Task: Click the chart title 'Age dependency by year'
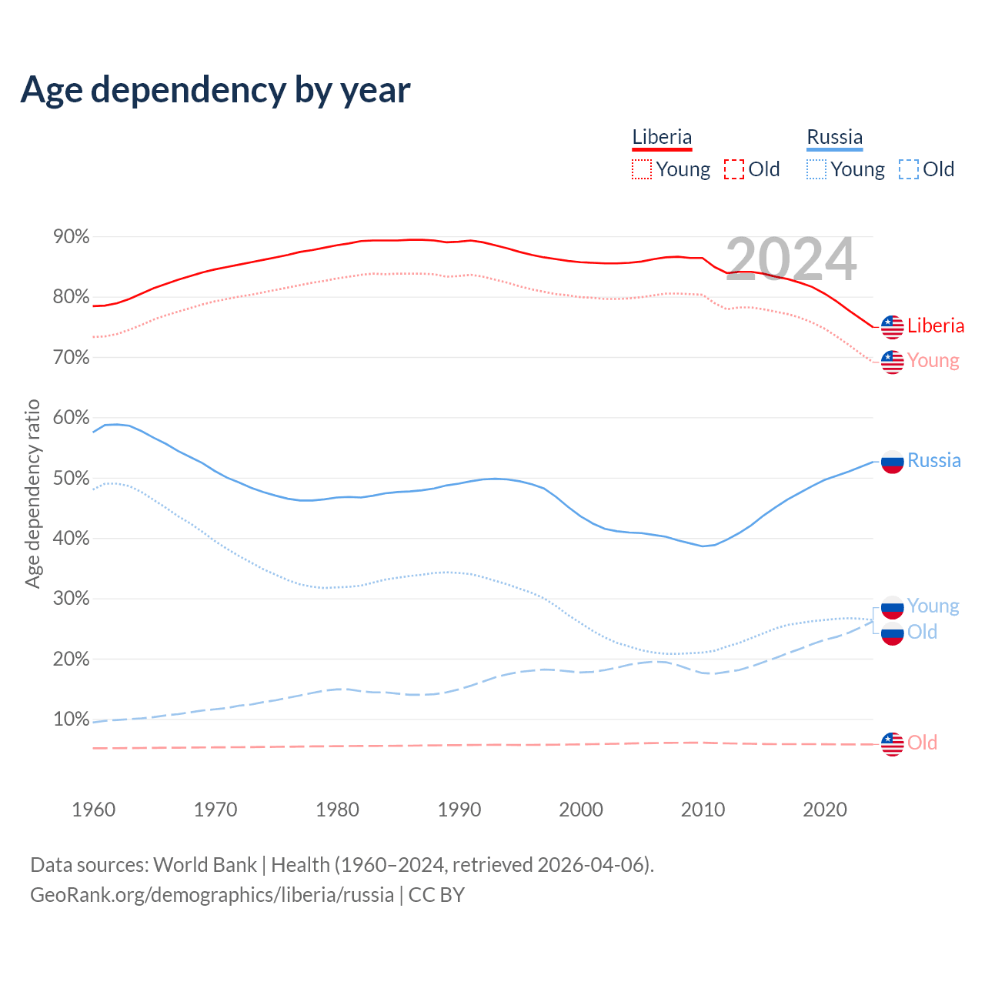(215, 89)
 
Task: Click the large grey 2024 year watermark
(791, 259)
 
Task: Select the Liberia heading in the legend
(662, 137)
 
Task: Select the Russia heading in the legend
(835, 137)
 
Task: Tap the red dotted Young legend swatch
(642, 169)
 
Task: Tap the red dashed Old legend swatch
(734, 169)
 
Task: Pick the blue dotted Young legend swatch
(816, 169)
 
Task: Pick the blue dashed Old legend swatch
(909, 169)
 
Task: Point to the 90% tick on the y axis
(72, 237)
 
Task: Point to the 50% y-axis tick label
(72, 478)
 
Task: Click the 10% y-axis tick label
(72, 720)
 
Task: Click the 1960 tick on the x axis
(93, 810)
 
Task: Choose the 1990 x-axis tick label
(459, 810)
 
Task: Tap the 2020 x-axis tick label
(825, 810)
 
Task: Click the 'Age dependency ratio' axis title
(32, 493)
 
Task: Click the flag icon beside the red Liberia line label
(892, 327)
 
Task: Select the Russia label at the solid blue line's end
(934, 460)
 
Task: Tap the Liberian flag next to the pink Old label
(892, 744)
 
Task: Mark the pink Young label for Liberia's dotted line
(933, 360)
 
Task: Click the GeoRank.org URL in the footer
(212, 895)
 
